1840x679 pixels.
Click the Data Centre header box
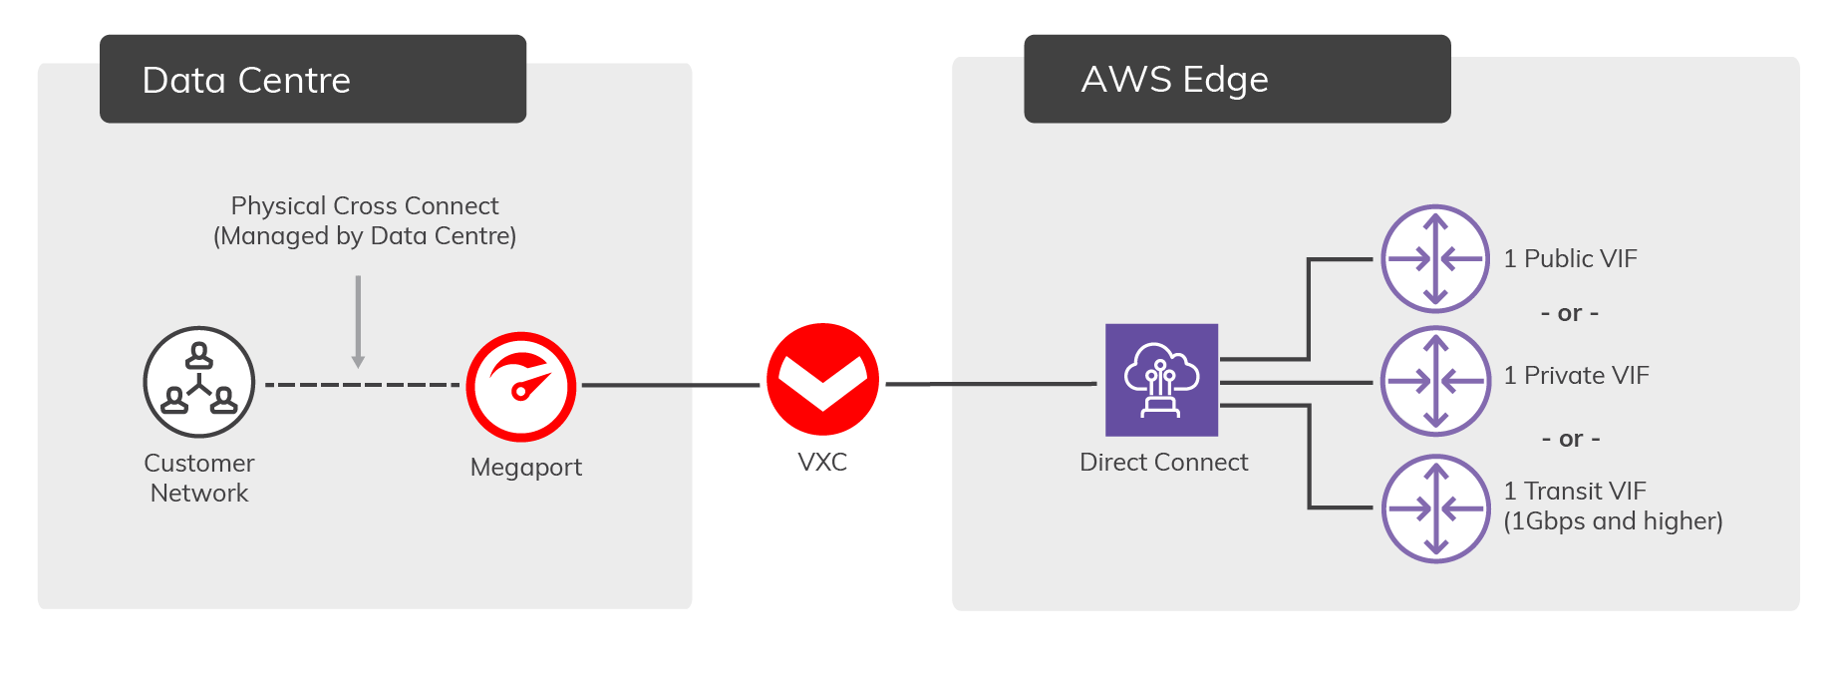313,79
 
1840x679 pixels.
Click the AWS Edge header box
1237,79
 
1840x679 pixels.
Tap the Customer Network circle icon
199,382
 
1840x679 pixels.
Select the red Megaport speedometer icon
521,387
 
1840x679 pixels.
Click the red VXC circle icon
822,379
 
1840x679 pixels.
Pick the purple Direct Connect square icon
1161,380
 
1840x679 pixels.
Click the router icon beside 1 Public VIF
1434,258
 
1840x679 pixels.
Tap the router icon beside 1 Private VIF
1435,381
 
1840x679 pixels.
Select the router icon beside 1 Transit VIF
1435,509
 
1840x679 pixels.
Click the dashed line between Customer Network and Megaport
361,385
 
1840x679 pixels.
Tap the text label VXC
822,462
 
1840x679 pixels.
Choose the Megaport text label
525,467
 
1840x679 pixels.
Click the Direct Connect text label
1163,462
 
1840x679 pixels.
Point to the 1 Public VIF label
1570,258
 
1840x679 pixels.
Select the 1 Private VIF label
1576,375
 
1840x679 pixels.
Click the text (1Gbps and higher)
1613,520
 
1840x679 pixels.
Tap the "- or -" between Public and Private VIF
1570,313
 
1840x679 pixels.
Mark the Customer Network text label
199,478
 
